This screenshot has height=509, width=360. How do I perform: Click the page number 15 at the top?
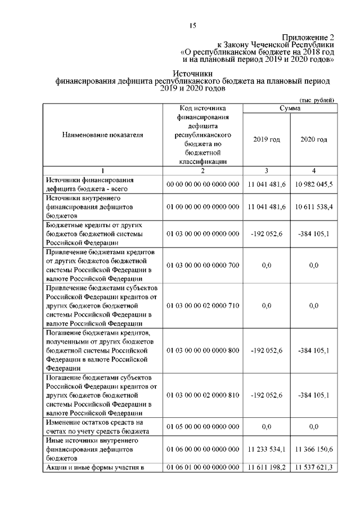tap(192, 25)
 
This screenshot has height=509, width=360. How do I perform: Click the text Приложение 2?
tap(308, 37)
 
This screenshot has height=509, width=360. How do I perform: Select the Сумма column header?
tap(290, 108)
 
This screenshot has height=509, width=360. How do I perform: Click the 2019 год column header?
tap(266, 139)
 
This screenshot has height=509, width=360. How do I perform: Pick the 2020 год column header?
tap(314, 139)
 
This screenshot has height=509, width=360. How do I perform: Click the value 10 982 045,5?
tap(314, 184)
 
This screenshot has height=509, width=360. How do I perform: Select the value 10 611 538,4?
tap(314, 208)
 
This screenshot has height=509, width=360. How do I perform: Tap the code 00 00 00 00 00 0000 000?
tap(202, 184)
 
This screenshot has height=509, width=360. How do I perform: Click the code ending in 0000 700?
tap(202, 265)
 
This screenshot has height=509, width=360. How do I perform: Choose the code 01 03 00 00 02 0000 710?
tap(202, 305)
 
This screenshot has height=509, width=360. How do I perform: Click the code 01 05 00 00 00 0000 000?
tap(202, 427)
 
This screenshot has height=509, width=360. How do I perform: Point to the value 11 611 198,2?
tap(266, 467)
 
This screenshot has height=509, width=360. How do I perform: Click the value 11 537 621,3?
tap(314, 467)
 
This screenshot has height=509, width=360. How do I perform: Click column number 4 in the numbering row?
tap(314, 170)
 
